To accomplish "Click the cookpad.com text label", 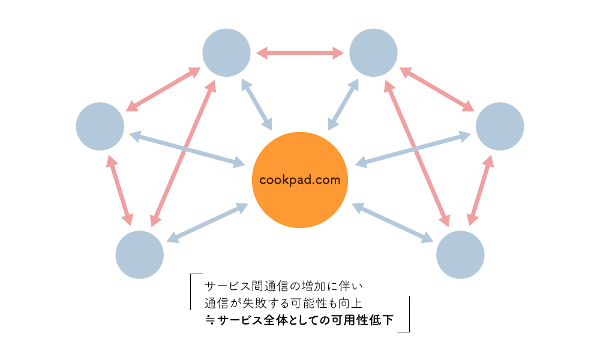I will tap(300, 179).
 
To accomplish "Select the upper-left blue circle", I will tap(226, 53).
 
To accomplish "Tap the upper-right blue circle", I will tap(373, 53).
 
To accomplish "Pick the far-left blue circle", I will tap(100, 126).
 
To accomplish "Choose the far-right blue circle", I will tap(500, 126).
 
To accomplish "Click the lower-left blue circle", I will tap(139, 254).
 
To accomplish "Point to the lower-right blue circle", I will tap(460, 254).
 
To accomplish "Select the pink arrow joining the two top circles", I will tap(300, 53).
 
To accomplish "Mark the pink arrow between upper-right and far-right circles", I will tap(437, 89).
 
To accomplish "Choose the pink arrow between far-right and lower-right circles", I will tap(481, 190).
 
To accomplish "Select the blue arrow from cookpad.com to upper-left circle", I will tap(257, 104).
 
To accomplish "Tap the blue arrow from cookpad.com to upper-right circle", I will tap(343, 104).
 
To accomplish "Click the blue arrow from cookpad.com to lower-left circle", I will tap(207, 223).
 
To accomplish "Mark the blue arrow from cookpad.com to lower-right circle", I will tap(392, 223).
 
